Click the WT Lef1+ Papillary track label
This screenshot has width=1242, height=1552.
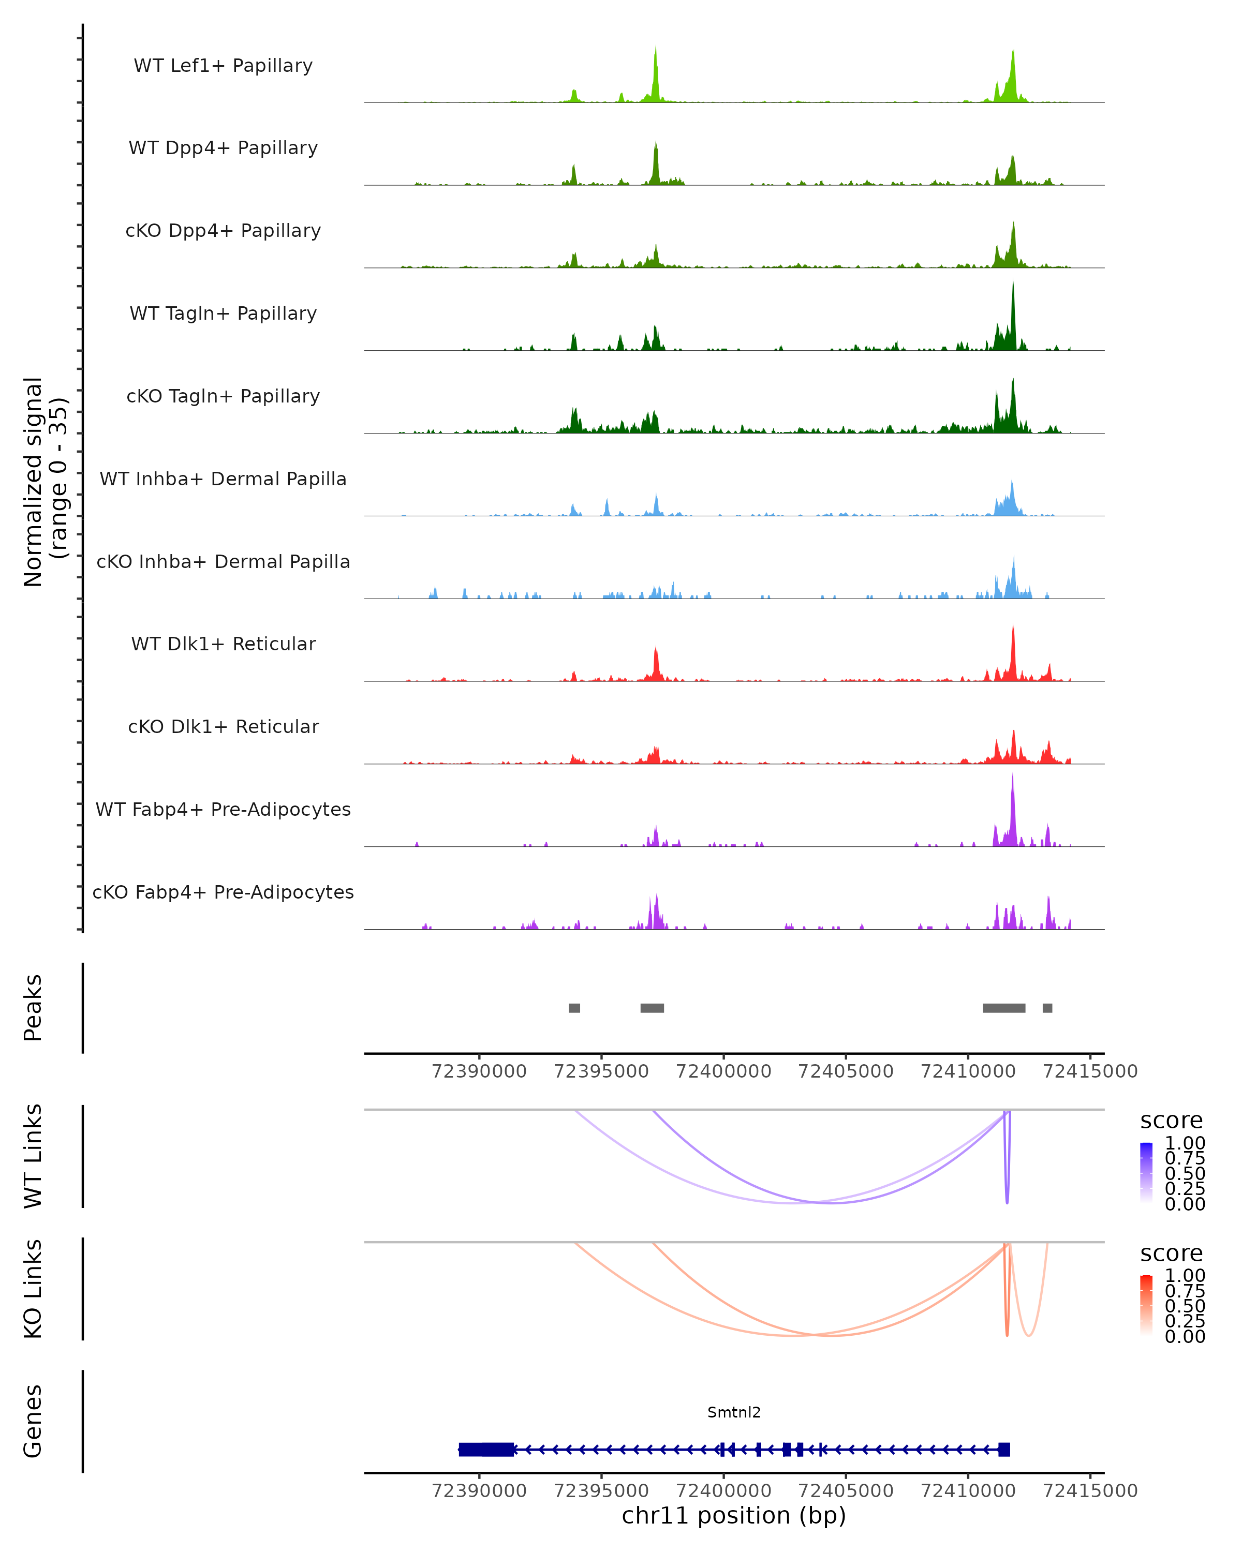coord(223,66)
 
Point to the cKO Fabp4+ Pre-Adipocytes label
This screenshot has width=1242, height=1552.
coord(223,892)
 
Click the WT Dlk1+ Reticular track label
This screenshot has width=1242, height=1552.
coord(223,644)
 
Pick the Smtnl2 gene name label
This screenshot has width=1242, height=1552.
coord(734,1412)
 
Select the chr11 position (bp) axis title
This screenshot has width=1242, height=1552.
coord(734,1515)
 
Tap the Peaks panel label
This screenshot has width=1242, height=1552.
coord(33,1008)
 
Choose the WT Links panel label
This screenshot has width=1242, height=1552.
coord(33,1156)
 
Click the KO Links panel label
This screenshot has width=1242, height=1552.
coord(33,1289)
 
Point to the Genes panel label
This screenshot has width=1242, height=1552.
coord(33,1421)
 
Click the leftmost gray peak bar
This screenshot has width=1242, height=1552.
coord(574,1008)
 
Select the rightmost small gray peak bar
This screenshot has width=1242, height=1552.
coord(1047,1008)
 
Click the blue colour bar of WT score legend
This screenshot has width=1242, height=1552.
coord(1146,1173)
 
